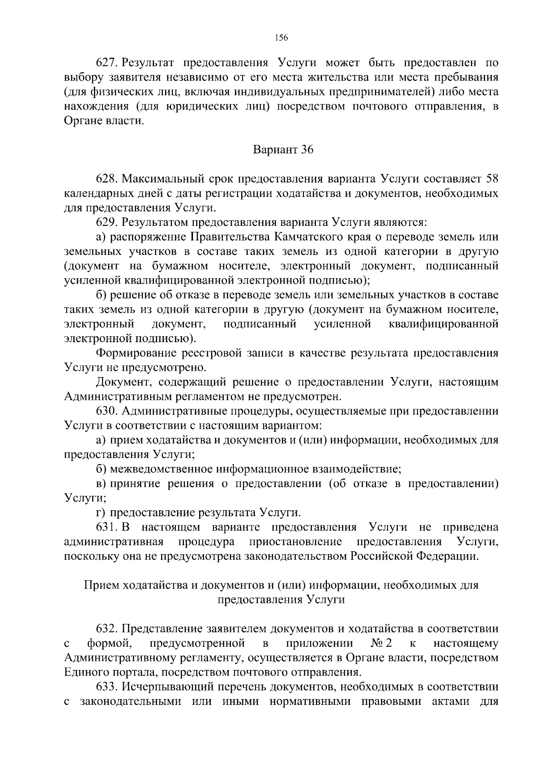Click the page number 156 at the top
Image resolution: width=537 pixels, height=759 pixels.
coord(281,38)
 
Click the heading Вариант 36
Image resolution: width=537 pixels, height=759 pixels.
coord(283,150)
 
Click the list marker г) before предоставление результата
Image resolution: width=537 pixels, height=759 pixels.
coord(101,513)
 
